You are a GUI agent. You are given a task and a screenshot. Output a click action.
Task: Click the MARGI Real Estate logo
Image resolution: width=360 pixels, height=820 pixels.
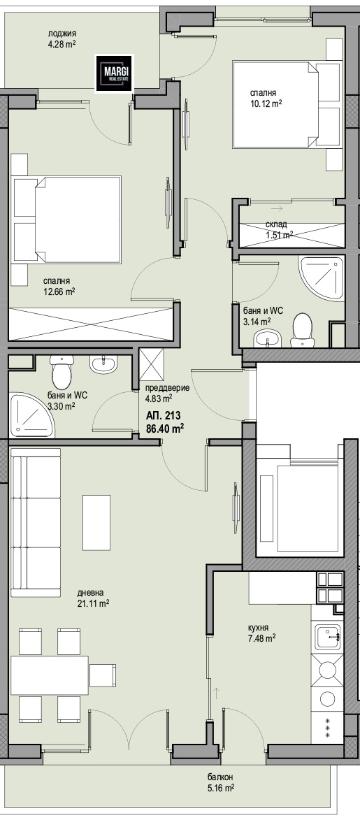[x=114, y=73]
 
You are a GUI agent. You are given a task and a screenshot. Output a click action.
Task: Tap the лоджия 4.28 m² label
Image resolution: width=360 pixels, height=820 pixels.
[x=62, y=39]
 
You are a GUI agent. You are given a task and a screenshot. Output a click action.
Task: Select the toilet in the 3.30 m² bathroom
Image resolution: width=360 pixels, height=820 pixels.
[x=62, y=373]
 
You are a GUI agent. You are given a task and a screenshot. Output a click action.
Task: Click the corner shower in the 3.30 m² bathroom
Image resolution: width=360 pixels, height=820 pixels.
[x=32, y=416]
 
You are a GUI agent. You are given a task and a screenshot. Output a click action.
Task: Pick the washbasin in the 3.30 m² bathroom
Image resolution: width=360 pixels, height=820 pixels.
[x=103, y=364]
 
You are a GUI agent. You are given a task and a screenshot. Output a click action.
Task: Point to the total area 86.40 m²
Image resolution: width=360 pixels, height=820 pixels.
[x=166, y=429]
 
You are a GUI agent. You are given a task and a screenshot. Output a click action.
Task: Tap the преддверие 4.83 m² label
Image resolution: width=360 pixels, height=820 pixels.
[x=167, y=394]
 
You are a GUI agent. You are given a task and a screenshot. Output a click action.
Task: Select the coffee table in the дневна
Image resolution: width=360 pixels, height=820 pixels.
[x=96, y=522]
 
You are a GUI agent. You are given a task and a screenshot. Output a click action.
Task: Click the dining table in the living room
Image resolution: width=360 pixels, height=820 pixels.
[x=50, y=675]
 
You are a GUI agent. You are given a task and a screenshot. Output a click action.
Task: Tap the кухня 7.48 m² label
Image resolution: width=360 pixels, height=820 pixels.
[x=262, y=633]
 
